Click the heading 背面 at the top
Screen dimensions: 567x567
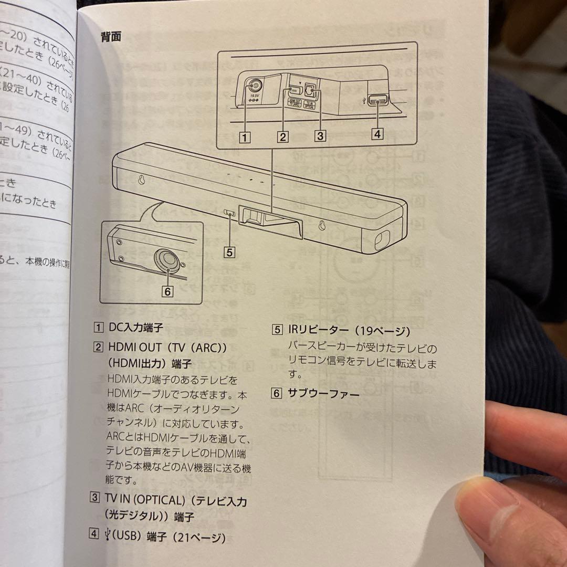pos(111,37)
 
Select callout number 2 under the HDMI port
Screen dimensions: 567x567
pos(283,137)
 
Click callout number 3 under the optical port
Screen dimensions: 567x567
pos(319,135)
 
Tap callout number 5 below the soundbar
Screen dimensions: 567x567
pos(229,252)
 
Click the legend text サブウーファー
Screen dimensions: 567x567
pos(323,393)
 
